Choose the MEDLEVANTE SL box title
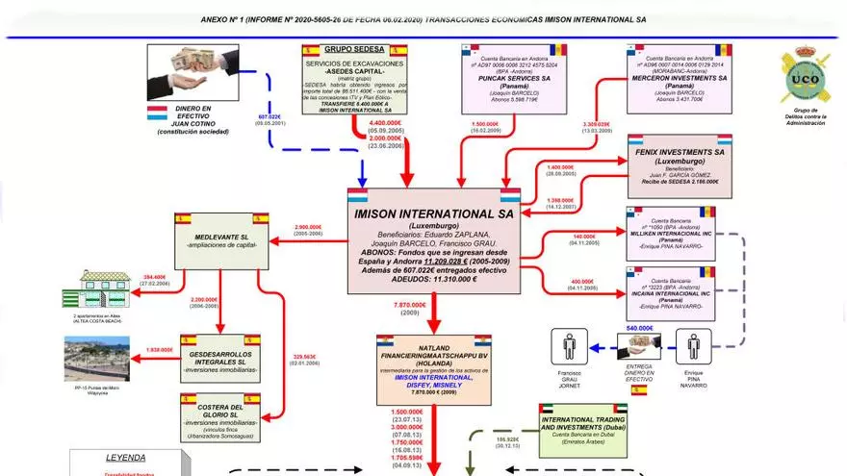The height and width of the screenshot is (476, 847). click(x=222, y=236)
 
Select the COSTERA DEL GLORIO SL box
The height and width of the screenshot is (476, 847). click(x=221, y=415)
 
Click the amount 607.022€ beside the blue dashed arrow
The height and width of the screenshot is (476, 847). click(x=269, y=116)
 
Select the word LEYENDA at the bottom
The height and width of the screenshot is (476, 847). click(x=126, y=458)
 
